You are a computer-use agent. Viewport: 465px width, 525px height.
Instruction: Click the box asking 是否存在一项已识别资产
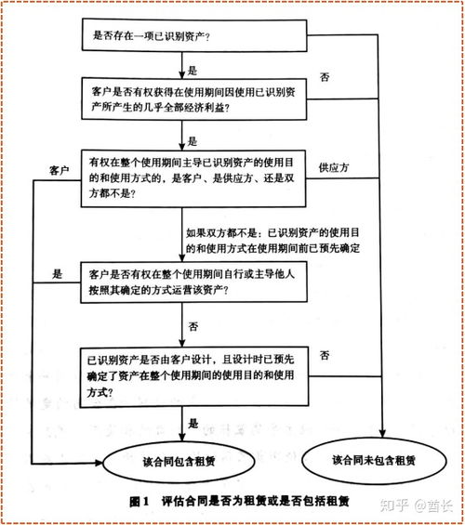194,37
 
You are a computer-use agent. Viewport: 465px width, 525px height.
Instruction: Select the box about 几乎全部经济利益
194,100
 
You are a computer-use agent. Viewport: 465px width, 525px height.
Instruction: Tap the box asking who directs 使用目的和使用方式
194,177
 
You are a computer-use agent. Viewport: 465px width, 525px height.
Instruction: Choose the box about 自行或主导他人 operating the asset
194,282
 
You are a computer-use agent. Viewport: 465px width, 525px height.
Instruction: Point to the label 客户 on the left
60,171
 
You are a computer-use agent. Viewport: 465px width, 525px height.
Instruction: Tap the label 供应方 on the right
332,167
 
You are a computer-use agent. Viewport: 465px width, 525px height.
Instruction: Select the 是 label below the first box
193,70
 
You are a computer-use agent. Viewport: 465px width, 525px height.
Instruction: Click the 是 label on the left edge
58,274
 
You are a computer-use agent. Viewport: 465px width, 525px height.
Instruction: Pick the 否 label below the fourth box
193,326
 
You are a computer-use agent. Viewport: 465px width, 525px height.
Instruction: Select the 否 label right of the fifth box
325,356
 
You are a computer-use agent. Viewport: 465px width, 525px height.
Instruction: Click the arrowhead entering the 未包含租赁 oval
384,429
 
